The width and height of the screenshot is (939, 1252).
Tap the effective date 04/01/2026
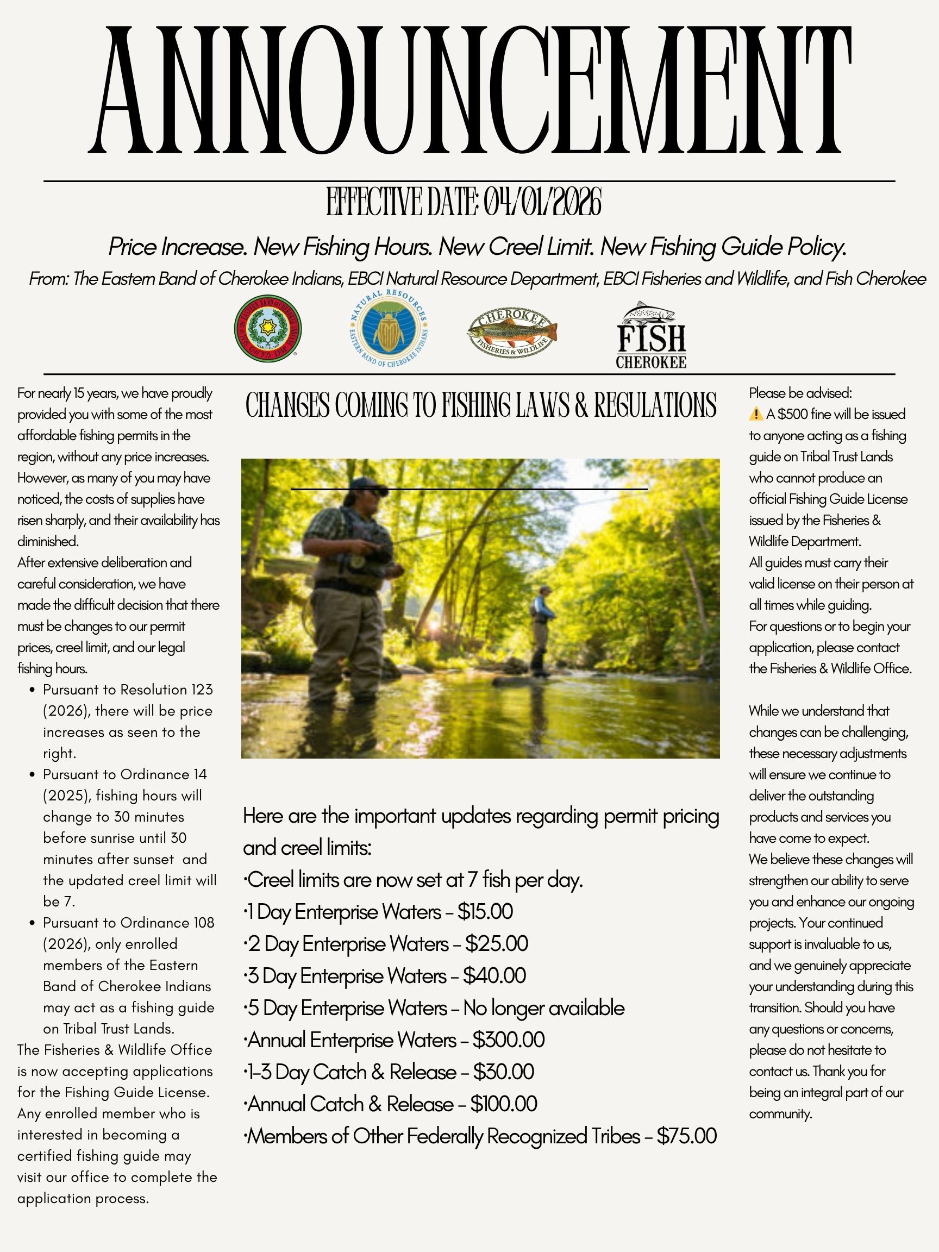[542, 202]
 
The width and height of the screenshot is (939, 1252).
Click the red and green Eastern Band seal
[268, 329]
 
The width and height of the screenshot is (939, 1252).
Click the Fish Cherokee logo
[651, 336]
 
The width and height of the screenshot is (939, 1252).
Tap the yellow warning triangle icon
[756, 414]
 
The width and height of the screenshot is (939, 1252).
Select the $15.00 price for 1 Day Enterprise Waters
[485, 912]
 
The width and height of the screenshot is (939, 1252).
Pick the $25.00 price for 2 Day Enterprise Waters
[496, 943]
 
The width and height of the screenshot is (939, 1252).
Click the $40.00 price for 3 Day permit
[494, 976]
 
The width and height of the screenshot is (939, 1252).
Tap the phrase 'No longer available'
[543, 1008]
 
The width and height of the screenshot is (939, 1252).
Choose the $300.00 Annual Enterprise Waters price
[508, 1040]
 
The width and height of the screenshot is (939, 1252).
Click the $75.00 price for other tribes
[686, 1136]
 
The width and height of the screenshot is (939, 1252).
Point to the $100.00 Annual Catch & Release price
[503, 1104]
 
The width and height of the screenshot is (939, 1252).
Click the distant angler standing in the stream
[542, 628]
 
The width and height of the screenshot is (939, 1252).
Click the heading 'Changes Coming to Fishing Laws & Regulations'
[480, 405]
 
